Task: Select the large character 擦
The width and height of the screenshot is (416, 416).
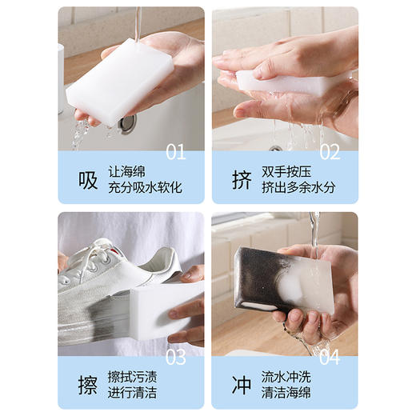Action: point(87,386)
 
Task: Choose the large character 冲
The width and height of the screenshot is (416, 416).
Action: point(241,386)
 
